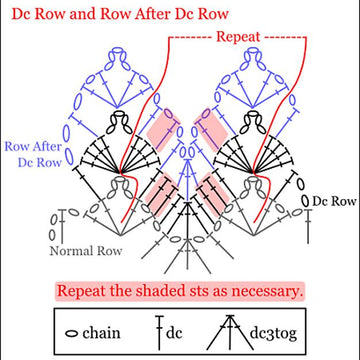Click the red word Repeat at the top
238,37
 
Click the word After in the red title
161,14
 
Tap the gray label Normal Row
86,251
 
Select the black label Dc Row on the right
334,201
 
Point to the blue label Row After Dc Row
33,154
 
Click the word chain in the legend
101,333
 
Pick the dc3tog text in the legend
273,334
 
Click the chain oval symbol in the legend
72,334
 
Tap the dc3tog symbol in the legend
228,332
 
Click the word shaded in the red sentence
162,291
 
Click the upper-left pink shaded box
164,129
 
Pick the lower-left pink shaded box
163,194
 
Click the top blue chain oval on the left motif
117,51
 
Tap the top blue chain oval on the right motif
253,51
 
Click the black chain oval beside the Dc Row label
305,200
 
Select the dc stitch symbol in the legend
159,332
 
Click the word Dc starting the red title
21,14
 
